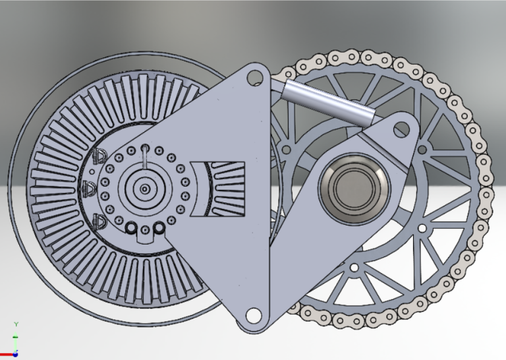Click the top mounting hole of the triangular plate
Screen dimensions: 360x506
pyautogui.click(x=254, y=76)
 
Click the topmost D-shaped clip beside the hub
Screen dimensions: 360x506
pyautogui.click(x=99, y=156)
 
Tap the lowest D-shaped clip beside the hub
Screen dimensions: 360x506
pyautogui.click(x=99, y=220)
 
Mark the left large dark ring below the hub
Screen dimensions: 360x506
pyautogui.click(x=131, y=229)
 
